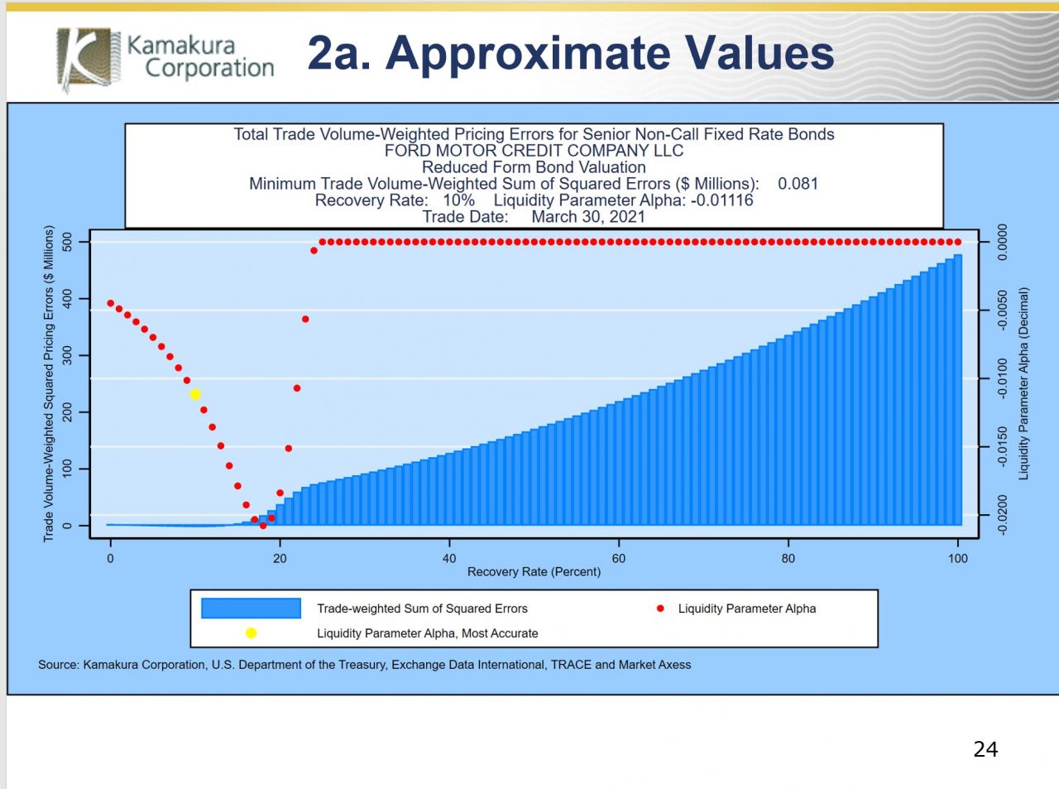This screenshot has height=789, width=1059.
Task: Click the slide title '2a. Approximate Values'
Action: (x=570, y=53)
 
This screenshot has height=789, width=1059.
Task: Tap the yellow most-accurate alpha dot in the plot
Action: (x=195, y=394)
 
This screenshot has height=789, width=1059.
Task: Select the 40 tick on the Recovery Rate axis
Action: (x=449, y=558)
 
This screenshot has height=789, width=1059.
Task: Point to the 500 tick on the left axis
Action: (x=67, y=243)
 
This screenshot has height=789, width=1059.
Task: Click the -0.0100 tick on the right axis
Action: (x=1002, y=378)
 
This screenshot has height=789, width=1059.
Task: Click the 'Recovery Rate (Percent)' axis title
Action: (x=534, y=572)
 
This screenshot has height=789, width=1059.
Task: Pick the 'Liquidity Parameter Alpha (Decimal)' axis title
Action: (x=1023, y=383)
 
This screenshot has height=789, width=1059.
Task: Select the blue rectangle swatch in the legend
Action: (x=251, y=609)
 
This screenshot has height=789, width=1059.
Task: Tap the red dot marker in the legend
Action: (x=660, y=609)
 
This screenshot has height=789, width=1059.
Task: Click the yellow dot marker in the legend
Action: (x=251, y=633)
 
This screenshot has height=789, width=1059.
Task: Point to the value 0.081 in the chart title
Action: (x=798, y=184)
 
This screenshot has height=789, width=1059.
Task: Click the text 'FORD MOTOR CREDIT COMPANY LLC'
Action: (x=534, y=151)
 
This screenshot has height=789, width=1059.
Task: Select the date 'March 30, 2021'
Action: (x=588, y=217)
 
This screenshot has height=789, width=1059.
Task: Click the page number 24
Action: (x=985, y=749)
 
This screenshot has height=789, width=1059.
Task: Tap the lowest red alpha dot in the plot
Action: (x=263, y=526)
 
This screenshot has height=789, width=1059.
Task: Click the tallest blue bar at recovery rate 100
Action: (x=957, y=389)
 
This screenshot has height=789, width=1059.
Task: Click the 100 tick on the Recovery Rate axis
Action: (x=957, y=558)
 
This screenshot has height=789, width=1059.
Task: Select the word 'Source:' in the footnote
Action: (x=58, y=665)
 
